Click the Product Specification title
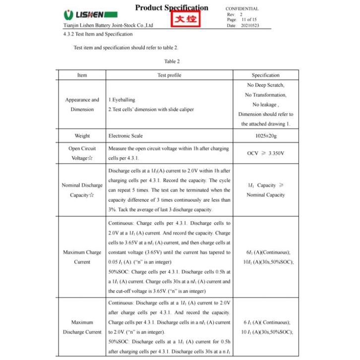click(172, 7)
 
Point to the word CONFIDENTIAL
click(242, 9)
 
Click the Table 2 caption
click(172, 61)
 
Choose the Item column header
click(82, 75)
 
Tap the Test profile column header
click(169, 75)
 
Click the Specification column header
click(265, 75)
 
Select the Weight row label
click(82, 136)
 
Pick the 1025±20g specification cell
click(265, 136)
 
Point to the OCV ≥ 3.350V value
click(265, 153)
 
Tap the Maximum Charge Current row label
click(82, 257)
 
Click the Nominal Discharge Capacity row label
click(82, 190)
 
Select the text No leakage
click(265, 105)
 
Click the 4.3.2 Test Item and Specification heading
click(98, 34)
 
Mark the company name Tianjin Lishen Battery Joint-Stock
click(108, 25)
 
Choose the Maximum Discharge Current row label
click(82, 327)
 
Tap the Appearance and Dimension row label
click(82, 105)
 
